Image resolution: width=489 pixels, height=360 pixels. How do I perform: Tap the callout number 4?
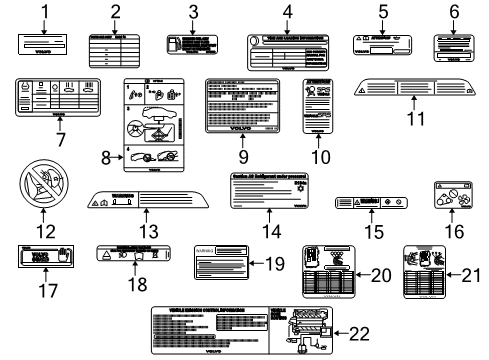click(288, 12)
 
